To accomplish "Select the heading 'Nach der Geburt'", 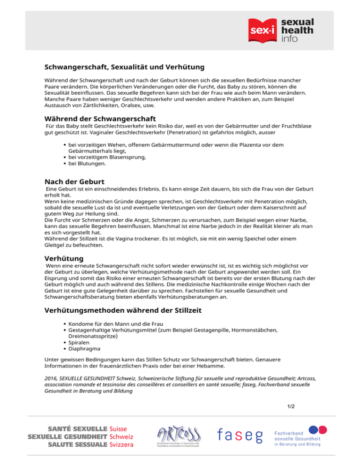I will click(74, 181).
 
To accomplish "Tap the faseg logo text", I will click(240, 436).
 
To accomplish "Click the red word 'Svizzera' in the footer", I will click(121, 445).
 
